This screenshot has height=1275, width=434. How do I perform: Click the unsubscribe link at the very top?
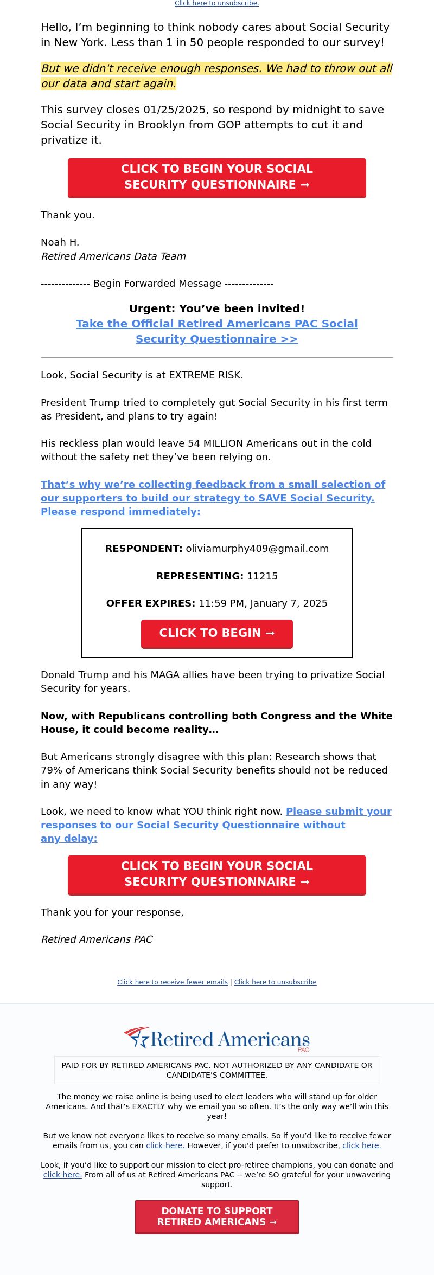coord(216,3)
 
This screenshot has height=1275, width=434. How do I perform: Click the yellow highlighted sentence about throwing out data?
coord(216,76)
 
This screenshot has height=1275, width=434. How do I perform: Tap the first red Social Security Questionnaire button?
coord(216,177)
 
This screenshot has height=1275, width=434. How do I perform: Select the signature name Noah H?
coord(60,242)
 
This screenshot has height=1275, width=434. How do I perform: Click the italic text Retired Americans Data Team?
coord(113,256)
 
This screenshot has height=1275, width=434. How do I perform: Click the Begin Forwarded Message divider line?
coord(157,284)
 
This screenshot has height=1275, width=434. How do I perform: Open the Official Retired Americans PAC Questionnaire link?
coord(216,331)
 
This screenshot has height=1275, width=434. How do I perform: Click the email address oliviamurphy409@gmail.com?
coord(257,549)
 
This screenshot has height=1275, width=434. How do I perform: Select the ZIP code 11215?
coord(262,576)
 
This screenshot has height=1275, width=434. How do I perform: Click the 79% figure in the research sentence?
coord(52,770)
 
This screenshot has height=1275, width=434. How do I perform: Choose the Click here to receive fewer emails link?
coord(172,982)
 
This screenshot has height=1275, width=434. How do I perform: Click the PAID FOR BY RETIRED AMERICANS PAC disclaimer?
coord(216,1070)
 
